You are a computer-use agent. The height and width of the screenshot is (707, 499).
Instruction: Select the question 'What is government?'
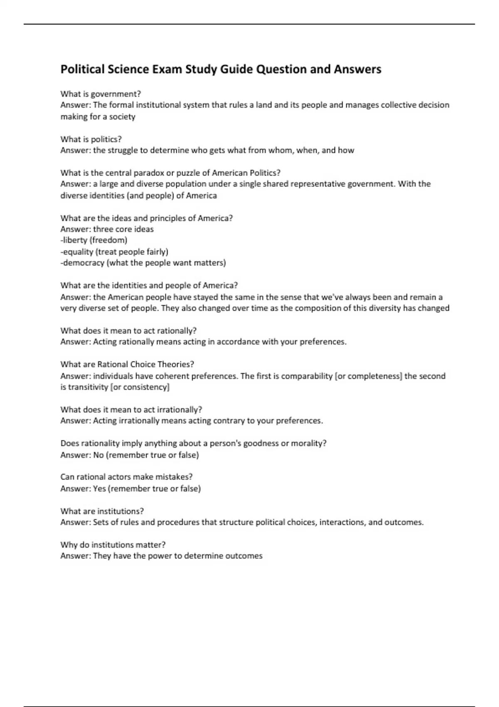tap(101, 94)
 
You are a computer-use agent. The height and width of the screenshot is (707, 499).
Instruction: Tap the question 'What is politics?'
tap(91, 139)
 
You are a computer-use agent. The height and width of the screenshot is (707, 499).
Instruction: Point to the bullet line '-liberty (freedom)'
tap(94, 240)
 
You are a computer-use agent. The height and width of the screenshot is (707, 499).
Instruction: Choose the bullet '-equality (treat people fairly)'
tap(114, 252)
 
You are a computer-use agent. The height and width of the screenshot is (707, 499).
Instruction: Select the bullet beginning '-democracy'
tap(143, 263)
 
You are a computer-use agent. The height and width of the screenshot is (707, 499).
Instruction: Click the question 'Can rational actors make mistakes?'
tap(126, 477)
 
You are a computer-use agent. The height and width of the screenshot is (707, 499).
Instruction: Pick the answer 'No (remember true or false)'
tap(146, 455)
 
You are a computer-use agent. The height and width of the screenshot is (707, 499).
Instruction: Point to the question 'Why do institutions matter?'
tap(113, 545)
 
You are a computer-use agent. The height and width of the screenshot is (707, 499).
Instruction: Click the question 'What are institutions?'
tap(102, 511)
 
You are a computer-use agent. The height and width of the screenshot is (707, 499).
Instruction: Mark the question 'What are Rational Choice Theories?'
tap(127, 364)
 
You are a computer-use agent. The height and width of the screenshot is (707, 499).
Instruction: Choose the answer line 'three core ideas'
tap(123, 229)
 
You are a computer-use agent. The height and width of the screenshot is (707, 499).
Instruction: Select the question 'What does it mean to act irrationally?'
tap(131, 410)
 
